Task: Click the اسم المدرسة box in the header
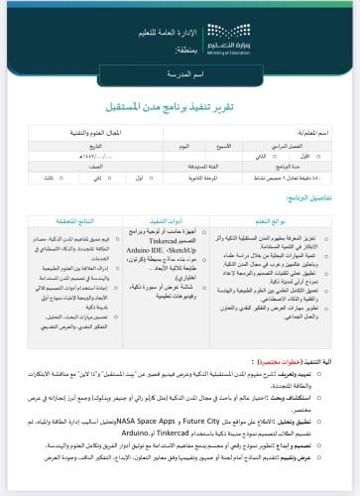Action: [x=180, y=75]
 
